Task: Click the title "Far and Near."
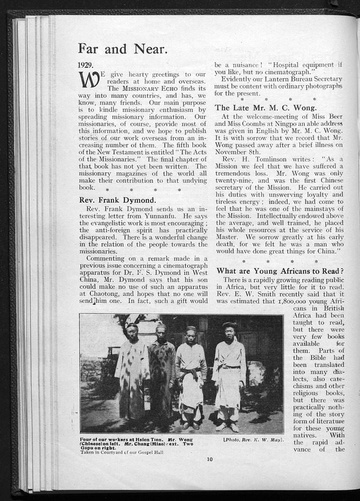click(122, 49)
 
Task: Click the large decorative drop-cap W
click(85, 81)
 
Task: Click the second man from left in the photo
click(162, 371)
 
